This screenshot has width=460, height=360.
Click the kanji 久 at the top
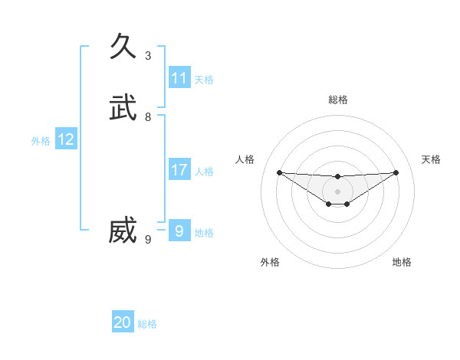[123, 47]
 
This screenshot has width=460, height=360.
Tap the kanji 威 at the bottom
[123, 231]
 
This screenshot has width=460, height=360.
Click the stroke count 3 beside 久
[148, 56]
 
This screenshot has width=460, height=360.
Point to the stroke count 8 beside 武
[148, 117]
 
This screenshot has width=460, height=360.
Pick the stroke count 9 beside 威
[148, 240]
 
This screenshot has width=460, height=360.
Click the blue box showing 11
[179, 78]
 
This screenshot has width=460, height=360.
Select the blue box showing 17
[179, 170]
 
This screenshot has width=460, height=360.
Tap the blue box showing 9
[179, 231]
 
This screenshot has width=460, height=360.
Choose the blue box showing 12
[66, 139]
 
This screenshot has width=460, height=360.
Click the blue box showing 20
[123, 323]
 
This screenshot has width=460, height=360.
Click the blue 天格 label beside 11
[204, 80]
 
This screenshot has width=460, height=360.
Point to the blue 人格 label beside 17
[204, 172]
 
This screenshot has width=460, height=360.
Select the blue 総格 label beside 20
[147, 325]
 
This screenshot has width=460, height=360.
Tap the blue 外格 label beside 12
[41, 141]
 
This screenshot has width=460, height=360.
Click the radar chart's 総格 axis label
[338, 100]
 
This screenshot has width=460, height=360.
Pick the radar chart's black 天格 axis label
[431, 159]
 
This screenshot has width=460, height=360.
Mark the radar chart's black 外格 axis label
[270, 262]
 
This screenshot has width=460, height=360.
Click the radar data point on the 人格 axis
[279, 172]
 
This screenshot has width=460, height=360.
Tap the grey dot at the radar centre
[338, 191]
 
